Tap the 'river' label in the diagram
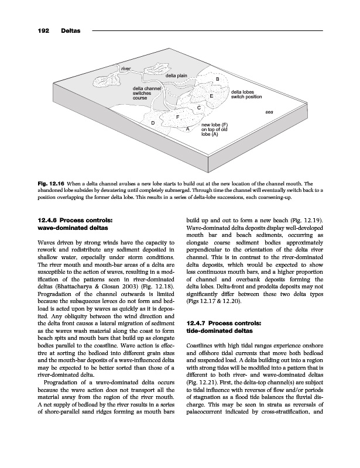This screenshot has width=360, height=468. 125,70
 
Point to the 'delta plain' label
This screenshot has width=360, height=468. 176,76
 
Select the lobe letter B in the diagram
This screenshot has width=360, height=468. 218,80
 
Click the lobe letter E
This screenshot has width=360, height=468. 211,96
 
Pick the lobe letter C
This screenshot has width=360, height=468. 199,108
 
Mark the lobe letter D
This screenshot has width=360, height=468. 153,123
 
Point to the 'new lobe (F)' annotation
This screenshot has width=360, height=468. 214,125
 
